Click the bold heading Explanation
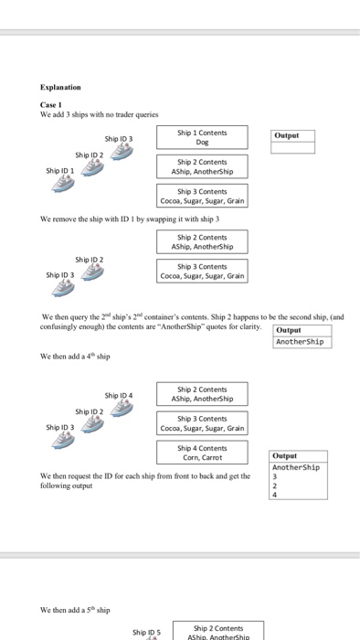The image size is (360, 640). [x=61, y=89]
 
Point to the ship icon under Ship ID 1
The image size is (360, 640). [x=62, y=183]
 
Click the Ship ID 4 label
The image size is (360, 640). [x=119, y=396]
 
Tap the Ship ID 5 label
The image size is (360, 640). [x=146, y=632]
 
